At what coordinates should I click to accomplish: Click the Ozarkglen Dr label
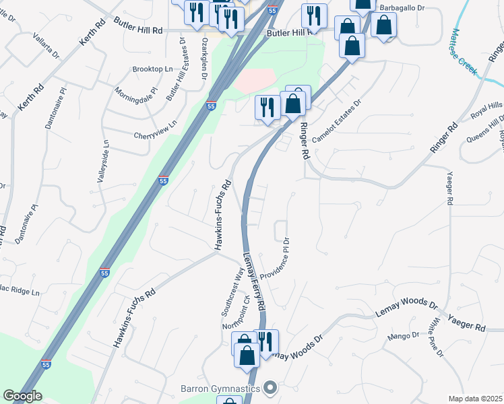[x=203, y=57]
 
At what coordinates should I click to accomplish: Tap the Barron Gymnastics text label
[x=221, y=388]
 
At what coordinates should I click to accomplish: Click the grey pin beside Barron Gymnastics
[x=271, y=387]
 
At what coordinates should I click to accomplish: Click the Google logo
[x=22, y=397]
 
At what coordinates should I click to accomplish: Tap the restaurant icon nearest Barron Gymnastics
[x=266, y=341]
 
